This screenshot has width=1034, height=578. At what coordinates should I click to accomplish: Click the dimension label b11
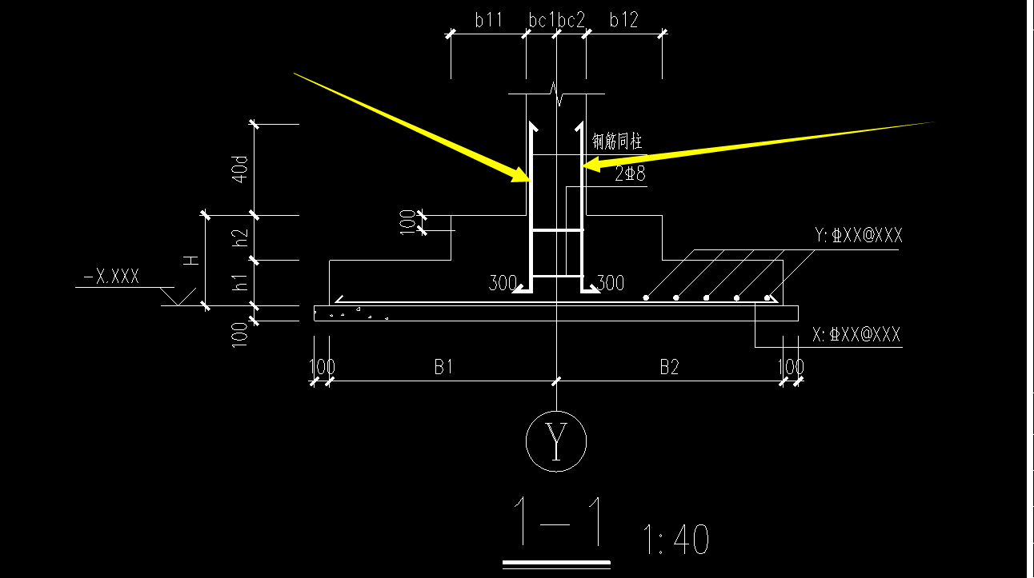coord(488,20)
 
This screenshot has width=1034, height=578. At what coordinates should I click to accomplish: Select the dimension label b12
coord(623,20)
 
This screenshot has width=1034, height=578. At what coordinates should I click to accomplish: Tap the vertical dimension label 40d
coord(239,169)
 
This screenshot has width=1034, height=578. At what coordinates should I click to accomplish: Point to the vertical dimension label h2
coord(240,238)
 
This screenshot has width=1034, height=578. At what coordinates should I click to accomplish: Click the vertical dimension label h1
coord(240,282)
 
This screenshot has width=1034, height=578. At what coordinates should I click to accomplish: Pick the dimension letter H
coord(191,261)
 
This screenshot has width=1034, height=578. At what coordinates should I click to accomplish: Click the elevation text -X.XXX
coord(111,277)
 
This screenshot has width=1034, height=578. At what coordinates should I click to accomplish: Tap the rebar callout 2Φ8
coord(630,174)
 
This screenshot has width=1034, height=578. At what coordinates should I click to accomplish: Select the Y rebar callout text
coord(858,235)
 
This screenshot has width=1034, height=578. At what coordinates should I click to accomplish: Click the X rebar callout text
coord(856,334)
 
